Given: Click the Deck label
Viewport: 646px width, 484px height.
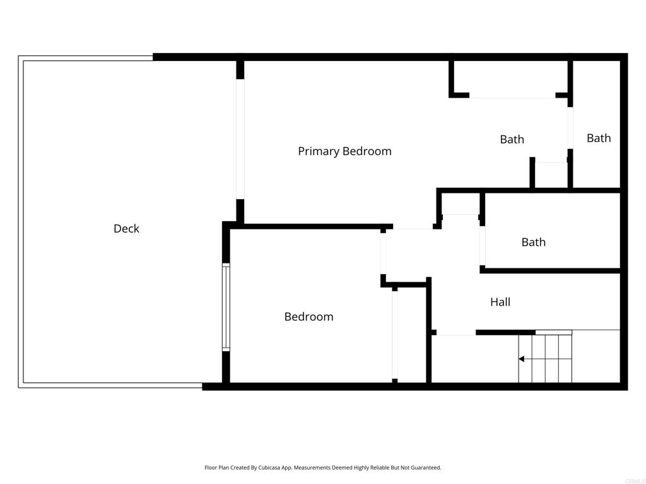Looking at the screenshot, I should pos(126,229).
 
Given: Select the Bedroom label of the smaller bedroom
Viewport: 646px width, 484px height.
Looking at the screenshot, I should pos(308,317).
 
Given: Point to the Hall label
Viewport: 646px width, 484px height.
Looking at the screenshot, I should pos(500,302).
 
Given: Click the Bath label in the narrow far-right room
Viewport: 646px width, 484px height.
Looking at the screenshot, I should pos(599,138).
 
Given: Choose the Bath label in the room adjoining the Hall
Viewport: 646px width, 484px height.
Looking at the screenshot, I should pos(534,242).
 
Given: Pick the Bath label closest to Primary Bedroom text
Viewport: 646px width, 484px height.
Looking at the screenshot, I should pos(512,139).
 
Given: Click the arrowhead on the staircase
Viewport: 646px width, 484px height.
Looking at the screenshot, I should pos(522,359).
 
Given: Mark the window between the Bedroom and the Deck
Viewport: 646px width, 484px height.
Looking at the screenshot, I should pos(226,307).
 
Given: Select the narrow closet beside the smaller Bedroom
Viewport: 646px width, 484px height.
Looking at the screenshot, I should pos(411,334).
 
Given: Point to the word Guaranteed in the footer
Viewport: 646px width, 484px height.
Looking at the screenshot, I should pos(426,468).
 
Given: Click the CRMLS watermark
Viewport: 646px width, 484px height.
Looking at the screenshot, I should pos(633,480).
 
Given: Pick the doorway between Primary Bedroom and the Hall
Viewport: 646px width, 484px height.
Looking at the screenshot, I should pos(413,228).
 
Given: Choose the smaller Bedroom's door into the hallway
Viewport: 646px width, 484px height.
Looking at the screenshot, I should pos(383,253).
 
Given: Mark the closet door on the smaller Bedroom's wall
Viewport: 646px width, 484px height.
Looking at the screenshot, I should pos(395,334).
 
